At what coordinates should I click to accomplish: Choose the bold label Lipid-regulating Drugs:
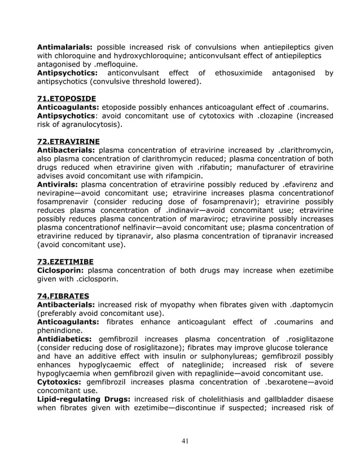point(83,399)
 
